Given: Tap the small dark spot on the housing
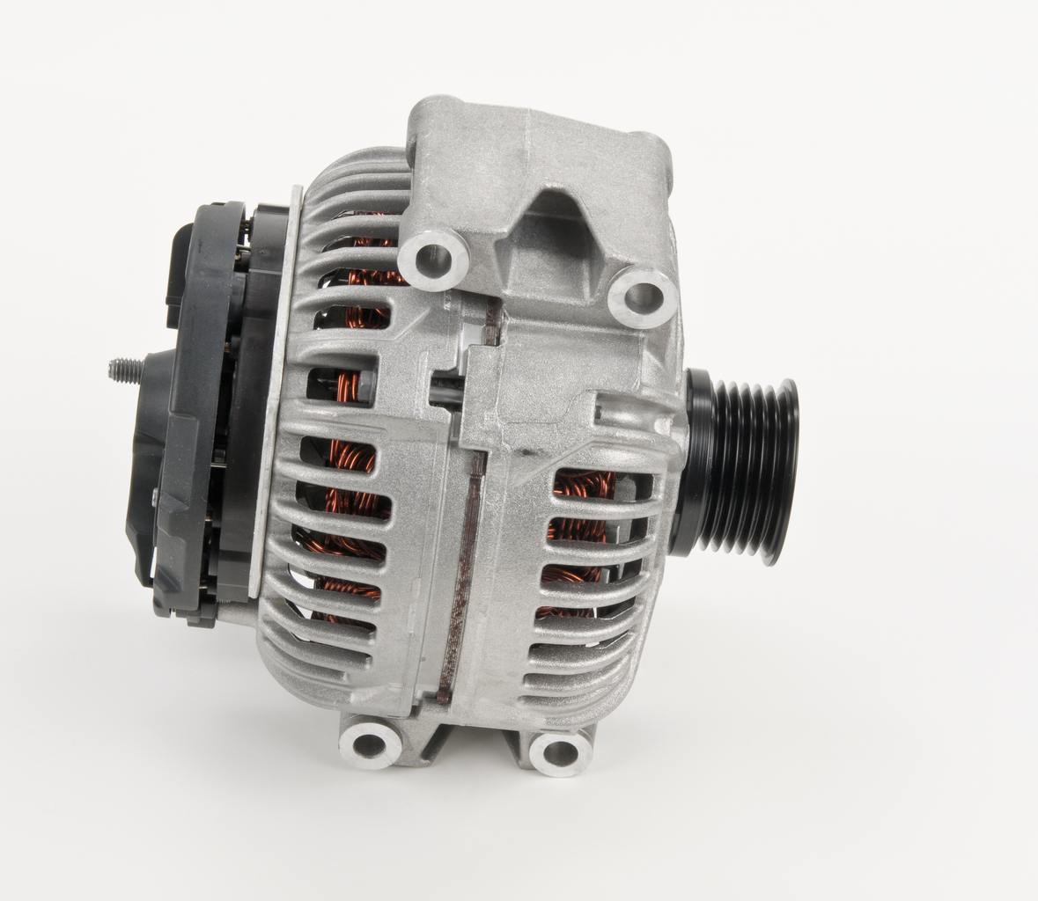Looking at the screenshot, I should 526,454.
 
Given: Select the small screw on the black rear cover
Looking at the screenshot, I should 155,498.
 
